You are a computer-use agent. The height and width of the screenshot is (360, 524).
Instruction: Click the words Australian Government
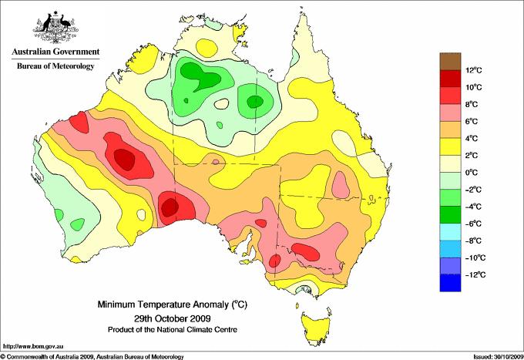tap(55, 52)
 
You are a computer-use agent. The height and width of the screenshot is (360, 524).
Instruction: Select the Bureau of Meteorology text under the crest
tap(55, 66)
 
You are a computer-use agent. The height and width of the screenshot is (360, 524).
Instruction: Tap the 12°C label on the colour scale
tap(474, 70)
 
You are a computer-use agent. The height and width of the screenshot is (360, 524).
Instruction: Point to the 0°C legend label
tap(472, 172)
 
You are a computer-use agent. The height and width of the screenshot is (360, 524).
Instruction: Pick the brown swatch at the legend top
tap(451, 61)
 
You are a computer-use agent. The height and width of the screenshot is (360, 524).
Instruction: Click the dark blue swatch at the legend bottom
tap(451, 283)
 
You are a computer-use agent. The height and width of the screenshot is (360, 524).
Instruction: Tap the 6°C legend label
tap(472, 121)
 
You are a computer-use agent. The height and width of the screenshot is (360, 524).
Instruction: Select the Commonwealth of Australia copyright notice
tap(92, 355)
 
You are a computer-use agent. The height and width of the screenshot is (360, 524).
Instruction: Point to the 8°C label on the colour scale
tap(472, 104)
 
